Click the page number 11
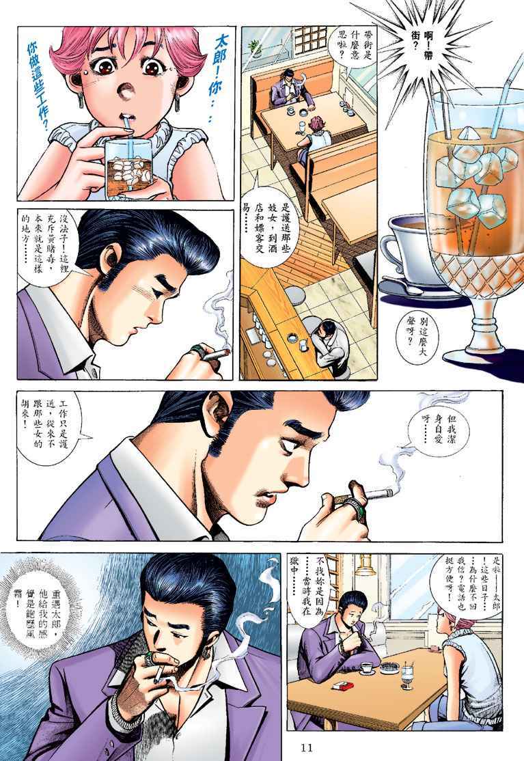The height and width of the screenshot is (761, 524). coord(307,747)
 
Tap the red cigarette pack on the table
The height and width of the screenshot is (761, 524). coord(342,686)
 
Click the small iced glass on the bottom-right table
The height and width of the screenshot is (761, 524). coord(406,676)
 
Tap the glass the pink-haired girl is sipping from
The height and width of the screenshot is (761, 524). coord(127,167)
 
